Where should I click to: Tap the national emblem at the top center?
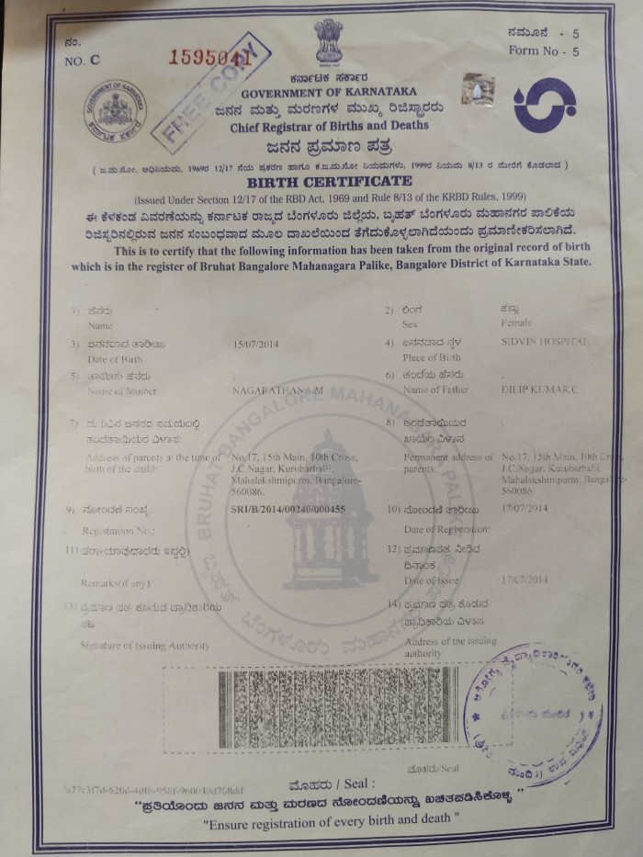coord(328,41)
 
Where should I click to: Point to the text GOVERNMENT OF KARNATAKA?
coord(329,92)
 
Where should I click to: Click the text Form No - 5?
coord(545,51)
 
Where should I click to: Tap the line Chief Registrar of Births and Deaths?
coord(330,126)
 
